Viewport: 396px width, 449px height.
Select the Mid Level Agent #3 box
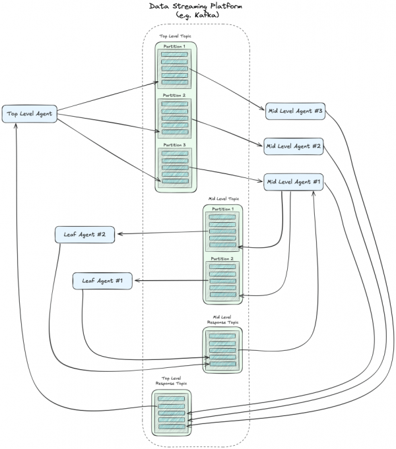295,110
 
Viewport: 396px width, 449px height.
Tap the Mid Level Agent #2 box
292,146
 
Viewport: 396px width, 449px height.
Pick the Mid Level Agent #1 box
292,181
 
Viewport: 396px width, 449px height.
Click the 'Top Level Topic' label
176,38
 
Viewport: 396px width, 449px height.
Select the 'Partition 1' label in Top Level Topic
175,46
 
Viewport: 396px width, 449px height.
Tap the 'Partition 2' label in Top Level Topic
175,96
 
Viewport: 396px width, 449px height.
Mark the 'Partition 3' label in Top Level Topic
175,144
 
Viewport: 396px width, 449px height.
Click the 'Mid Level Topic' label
223,198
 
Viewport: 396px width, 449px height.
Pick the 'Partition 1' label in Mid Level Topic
222,209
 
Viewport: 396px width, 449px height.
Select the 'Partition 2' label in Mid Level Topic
222,258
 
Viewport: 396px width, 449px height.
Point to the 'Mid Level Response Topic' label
223,319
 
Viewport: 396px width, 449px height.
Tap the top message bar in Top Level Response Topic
172,398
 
